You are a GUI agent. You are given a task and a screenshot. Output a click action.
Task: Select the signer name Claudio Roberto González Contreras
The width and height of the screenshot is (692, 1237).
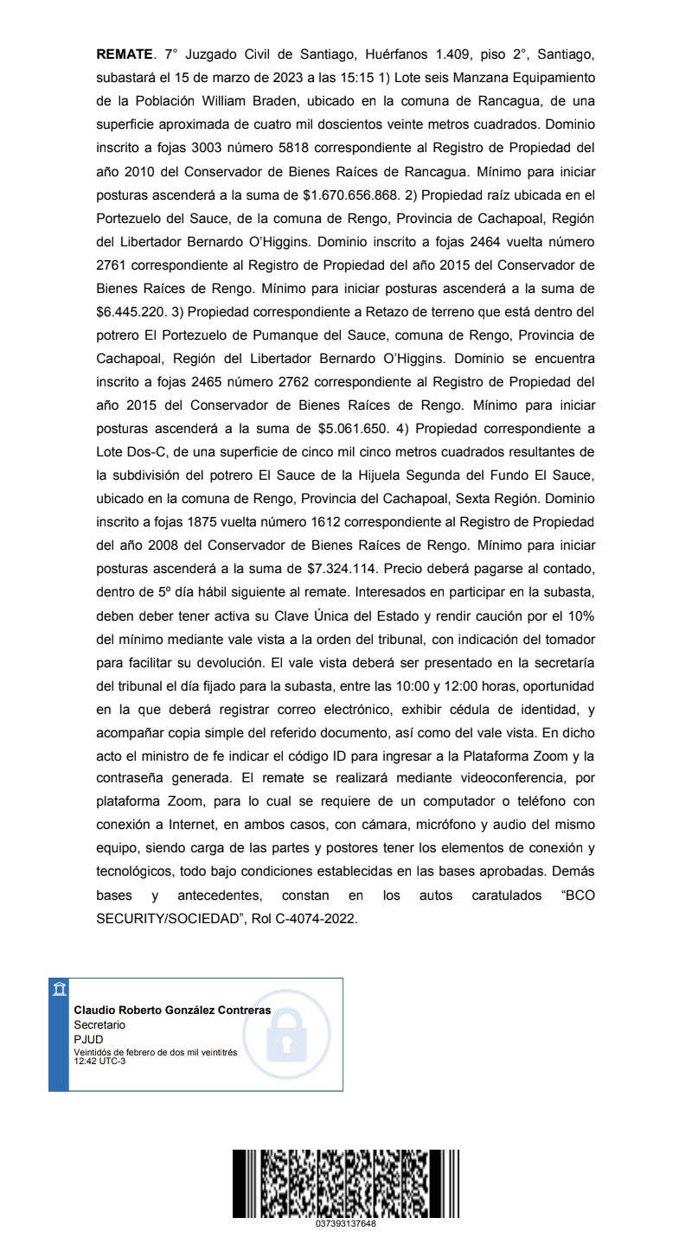(x=172, y=1010)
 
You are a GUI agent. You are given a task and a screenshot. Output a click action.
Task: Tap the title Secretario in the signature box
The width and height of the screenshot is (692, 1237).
(x=99, y=1023)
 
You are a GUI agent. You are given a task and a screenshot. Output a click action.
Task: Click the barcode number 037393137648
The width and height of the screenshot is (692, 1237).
(x=346, y=1223)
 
